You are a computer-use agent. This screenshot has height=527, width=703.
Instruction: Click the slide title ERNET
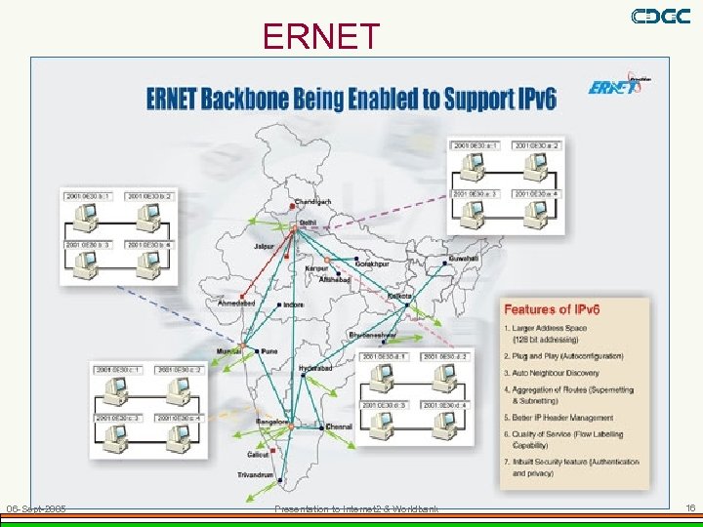tap(321, 36)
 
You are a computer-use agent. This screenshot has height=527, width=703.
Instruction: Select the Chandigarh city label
tap(312, 202)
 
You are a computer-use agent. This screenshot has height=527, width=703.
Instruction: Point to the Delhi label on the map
tap(308, 223)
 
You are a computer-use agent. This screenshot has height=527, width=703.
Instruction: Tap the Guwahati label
tap(465, 258)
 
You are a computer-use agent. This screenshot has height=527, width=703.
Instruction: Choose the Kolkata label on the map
tap(400, 295)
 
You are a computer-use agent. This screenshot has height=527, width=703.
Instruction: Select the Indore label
tap(293, 304)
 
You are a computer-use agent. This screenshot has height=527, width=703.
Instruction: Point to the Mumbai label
tap(229, 349)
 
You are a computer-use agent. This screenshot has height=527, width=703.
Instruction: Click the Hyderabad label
tap(315, 368)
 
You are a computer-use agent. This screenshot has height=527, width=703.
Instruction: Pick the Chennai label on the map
tap(339, 426)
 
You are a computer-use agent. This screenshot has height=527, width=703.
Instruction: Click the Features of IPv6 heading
tap(553, 309)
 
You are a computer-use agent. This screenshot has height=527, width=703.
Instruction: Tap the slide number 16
tap(689, 508)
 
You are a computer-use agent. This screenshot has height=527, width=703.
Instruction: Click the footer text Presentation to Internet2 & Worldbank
tap(356, 509)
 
